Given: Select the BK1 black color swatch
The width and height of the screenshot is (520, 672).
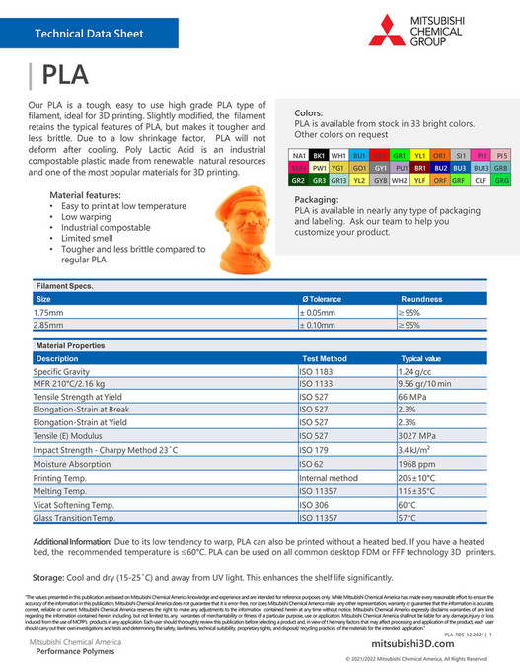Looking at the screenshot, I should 319,156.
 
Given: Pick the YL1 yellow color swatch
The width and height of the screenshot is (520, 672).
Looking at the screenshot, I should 419,156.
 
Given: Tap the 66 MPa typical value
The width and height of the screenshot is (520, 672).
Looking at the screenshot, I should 411,396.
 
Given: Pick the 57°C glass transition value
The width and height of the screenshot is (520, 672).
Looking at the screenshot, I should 408,517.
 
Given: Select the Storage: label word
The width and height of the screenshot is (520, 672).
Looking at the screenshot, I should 48,577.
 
